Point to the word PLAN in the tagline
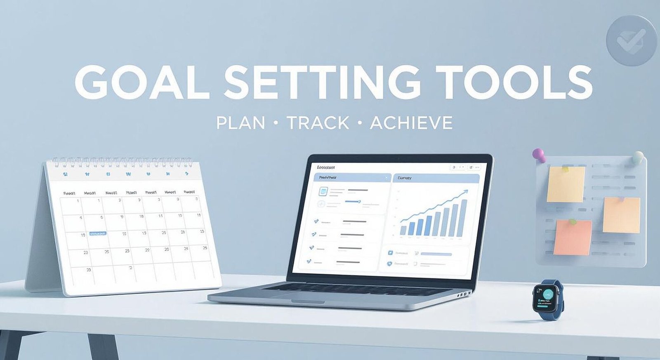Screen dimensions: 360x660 tap(240, 123)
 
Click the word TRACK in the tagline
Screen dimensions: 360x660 tap(318, 123)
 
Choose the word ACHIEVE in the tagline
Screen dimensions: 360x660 tap(411, 123)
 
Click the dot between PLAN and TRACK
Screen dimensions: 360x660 tap(275, 123)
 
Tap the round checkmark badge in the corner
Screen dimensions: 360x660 tap(631, 40)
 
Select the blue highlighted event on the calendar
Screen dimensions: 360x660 tap(98, 234)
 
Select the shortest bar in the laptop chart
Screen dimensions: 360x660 tap(403, 230)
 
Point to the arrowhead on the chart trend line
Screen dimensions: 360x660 tap(466, 191)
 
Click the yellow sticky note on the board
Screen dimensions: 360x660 tap(566, 184)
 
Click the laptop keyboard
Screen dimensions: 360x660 tap(355, 289)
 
